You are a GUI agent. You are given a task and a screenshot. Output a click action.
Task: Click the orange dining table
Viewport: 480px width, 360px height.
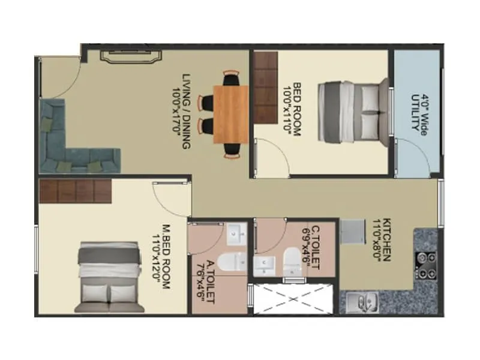(230, 114)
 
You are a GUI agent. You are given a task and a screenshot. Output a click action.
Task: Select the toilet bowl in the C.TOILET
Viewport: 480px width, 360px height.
(292, 259)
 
